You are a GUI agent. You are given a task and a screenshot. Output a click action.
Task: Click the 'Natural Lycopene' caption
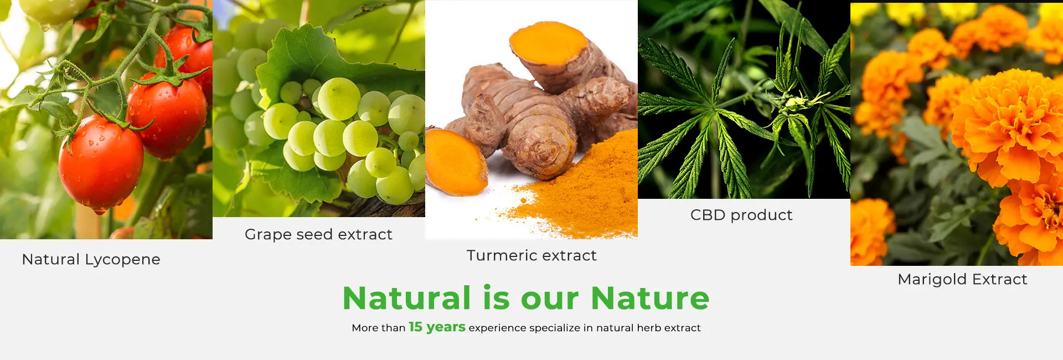(91, 260)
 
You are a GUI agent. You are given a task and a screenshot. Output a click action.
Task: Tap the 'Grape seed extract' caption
(318, 235)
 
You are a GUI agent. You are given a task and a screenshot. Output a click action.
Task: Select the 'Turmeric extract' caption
(531, 255)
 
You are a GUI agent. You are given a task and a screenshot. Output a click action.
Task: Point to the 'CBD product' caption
(741, 215)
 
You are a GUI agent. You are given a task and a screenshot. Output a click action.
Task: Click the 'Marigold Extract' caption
(962, 279)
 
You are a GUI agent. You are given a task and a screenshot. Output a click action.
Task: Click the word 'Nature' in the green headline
(650, 298)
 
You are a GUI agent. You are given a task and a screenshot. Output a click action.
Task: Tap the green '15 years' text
(437, 327)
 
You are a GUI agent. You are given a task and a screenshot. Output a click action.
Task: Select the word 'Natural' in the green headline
(407, 298)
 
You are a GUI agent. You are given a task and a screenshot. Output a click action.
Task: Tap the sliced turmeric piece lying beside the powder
(455, 161)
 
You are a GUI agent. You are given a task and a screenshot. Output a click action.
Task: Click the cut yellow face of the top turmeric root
(548, 43)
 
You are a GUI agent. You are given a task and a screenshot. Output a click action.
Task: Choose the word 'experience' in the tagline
(497, 328)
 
